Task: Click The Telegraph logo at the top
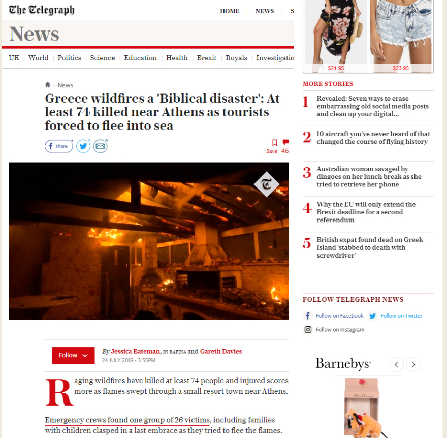tap(42, 10)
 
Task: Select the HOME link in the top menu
tap(230, 11)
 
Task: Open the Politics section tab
tap(69, 58)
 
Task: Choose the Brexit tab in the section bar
tap(207, 58)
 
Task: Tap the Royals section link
tap(236, 58)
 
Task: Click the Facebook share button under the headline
tap(58, 146)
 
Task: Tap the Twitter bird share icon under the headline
tap(83, 146)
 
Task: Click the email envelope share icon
tap(101, 146)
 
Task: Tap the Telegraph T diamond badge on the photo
tap(267, 184)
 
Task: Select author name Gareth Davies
tap(221, 351)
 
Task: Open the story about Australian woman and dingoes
tap(369, 176)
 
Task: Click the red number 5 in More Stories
tap(307, 243)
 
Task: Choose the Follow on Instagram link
tap(340, 330)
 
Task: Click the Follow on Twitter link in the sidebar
tap(401, 316)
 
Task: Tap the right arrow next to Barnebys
tap(413, 364)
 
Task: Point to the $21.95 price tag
tap(336, 68)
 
